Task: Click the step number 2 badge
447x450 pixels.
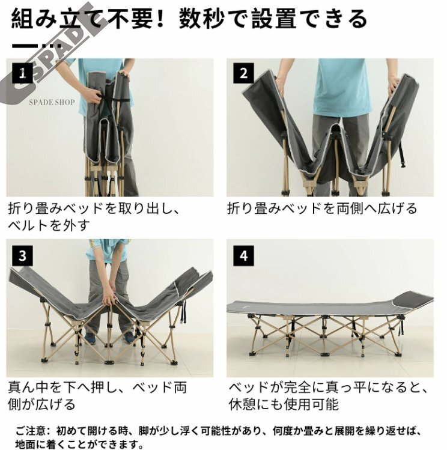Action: pos(243,73)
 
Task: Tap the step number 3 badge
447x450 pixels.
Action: pos(22,256)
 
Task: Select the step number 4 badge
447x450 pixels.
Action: pos(243,256)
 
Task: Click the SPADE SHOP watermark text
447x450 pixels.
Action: pos(52,102)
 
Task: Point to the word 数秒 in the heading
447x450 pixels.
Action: pos(201,19)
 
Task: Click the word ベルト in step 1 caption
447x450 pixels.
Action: pos(28,225)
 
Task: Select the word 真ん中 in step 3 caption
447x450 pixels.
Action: pos(28,388)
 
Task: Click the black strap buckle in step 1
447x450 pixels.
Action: pos(100,96)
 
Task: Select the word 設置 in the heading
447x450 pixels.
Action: pos(274,19)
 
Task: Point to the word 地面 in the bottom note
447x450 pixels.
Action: pos(25,445)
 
